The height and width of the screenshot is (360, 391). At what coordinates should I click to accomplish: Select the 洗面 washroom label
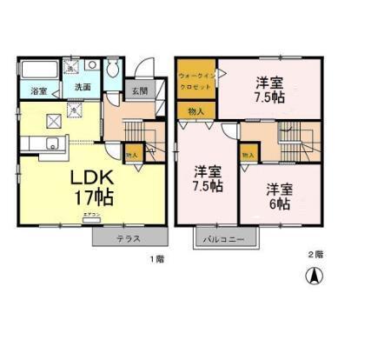(x=82, y=87)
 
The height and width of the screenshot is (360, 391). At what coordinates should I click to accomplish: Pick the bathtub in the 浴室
(x=38, y=70)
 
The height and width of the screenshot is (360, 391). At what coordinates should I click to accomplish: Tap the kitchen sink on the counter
(x=52, y=144)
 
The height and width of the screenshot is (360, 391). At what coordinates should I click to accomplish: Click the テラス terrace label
(x=129, y=237)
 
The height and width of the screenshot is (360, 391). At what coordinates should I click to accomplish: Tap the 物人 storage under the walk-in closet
(x=195, y=110)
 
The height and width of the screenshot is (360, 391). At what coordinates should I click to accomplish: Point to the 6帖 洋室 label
(x=280, y=197)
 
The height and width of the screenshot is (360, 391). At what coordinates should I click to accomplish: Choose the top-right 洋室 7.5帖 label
(x=268, y=90)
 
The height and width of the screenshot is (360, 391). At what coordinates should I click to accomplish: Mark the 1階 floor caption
(x=156, y=259)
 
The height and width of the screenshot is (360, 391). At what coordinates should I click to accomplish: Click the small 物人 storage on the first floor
(x=132, y=155)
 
